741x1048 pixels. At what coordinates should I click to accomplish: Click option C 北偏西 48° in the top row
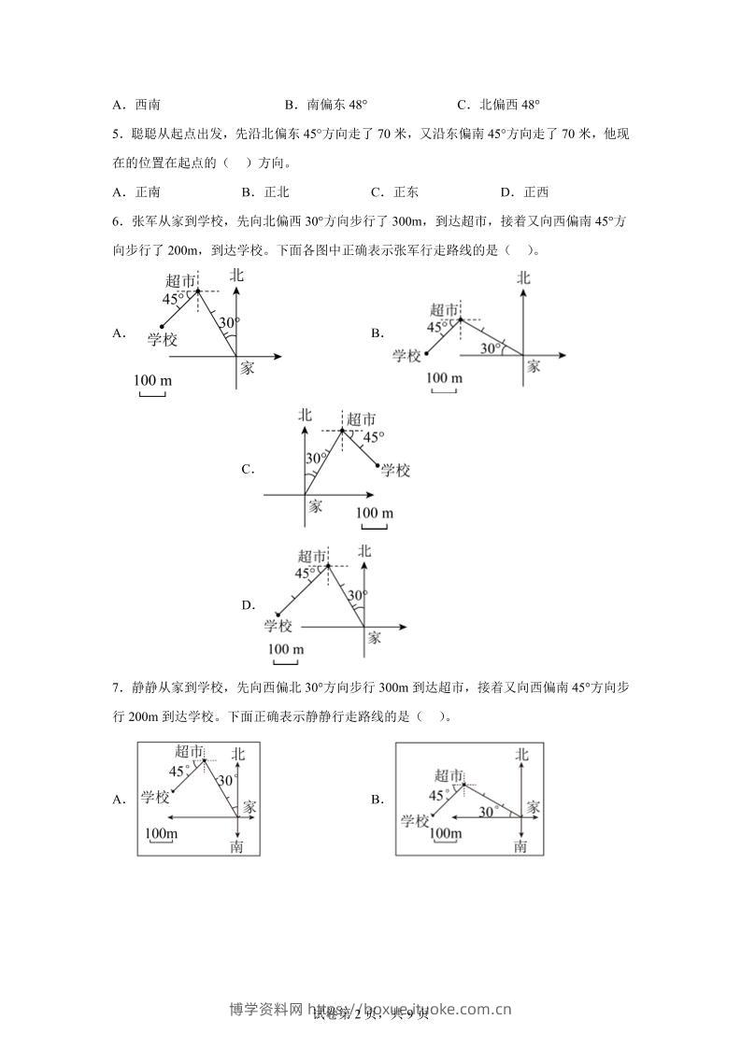point(499,106)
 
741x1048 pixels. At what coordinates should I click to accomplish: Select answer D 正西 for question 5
point(524,192)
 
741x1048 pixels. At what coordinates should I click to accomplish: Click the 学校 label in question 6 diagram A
point(163,339)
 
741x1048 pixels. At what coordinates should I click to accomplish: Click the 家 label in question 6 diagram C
point(315,505)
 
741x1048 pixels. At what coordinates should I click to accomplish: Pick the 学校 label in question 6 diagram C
point(395,470)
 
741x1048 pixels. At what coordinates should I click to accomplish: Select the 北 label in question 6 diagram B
point(523,277)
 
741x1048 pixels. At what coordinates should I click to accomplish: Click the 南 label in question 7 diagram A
point(237,845)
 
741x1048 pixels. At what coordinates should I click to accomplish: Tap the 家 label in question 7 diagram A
point(249,805)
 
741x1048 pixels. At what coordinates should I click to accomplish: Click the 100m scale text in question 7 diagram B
point(444,832)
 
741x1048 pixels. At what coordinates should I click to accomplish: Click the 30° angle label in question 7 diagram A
point(225,780)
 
